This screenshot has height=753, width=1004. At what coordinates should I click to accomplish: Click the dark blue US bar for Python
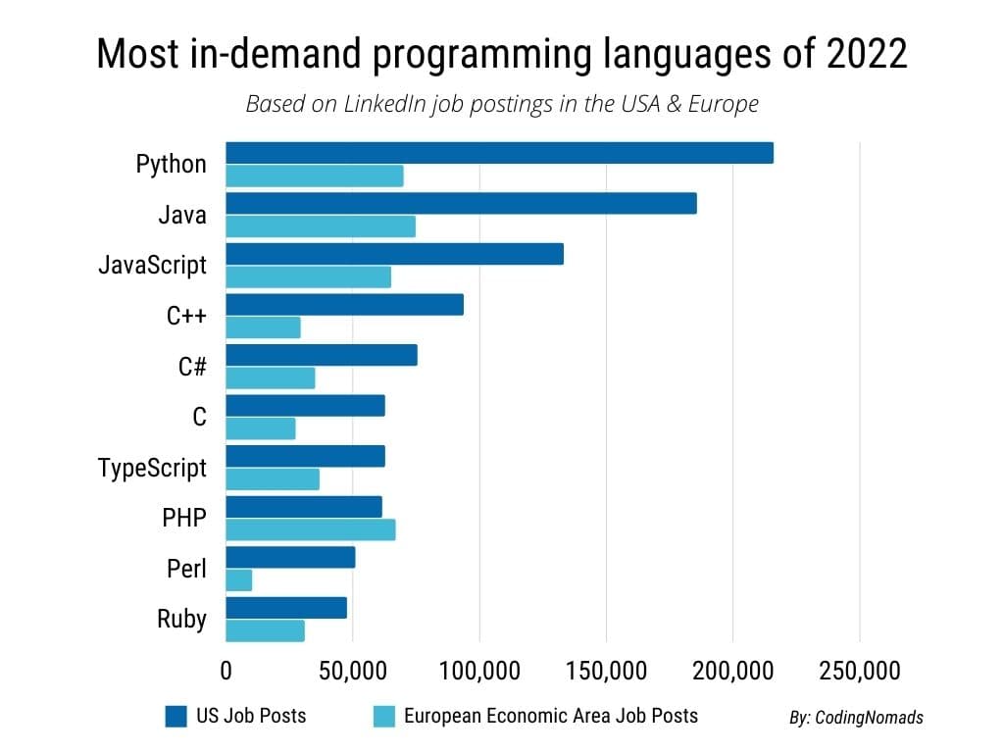499,153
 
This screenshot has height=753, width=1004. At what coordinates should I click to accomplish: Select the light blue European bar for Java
321,226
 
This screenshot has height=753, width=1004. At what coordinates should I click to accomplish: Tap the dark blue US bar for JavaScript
394,254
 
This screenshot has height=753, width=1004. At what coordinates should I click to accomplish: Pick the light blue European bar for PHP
311,529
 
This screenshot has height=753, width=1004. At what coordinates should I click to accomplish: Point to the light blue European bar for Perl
239,580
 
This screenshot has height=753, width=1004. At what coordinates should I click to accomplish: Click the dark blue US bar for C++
344,305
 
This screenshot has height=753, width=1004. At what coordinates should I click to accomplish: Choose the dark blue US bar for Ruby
286,608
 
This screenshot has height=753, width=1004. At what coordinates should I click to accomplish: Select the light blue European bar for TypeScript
273,479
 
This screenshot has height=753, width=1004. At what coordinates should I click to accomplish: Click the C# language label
191,367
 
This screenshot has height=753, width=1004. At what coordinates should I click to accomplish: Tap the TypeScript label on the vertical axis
153,469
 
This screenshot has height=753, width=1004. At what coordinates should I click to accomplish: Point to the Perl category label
187,569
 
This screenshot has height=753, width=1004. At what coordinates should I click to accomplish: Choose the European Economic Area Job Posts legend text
550,716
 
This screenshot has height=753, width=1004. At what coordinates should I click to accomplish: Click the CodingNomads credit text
856,718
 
